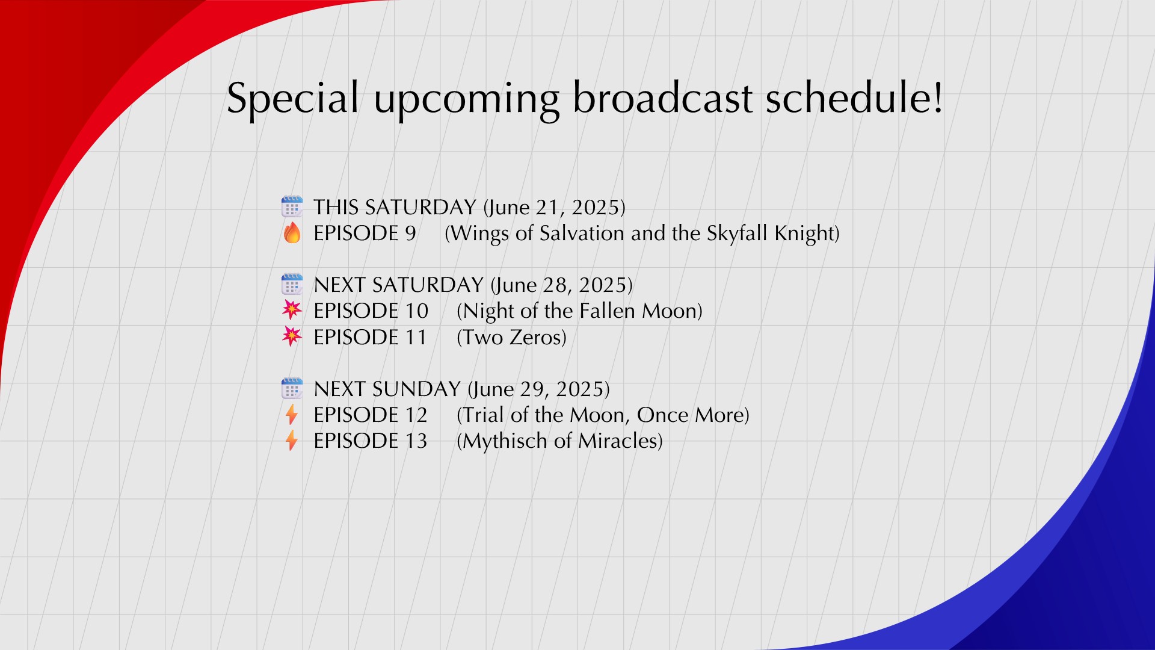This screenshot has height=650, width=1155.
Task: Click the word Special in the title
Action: coord(293,98)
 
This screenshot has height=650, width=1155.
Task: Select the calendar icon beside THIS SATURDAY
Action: coord(292,206)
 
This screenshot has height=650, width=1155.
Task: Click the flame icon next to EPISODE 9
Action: coord(292,232)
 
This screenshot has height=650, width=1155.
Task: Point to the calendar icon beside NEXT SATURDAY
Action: coord(292,284)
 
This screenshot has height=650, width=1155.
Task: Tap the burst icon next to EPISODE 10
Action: coord(292,310)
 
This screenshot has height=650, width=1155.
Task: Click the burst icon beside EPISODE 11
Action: coord(292,336)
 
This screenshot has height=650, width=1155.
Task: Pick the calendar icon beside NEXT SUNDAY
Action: coord(292,388)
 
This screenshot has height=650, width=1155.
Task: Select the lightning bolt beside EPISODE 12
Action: coord(292,415)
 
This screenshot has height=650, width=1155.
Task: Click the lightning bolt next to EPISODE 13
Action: coord(292,441)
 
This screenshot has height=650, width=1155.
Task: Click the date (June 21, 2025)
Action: coord(555,208)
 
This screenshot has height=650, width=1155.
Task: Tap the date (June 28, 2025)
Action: coord(562,285)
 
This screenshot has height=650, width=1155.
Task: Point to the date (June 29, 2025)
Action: coord(539,389)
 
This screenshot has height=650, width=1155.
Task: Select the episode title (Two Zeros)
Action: coord(512,338)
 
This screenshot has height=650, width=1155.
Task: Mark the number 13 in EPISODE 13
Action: coord(416,441)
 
